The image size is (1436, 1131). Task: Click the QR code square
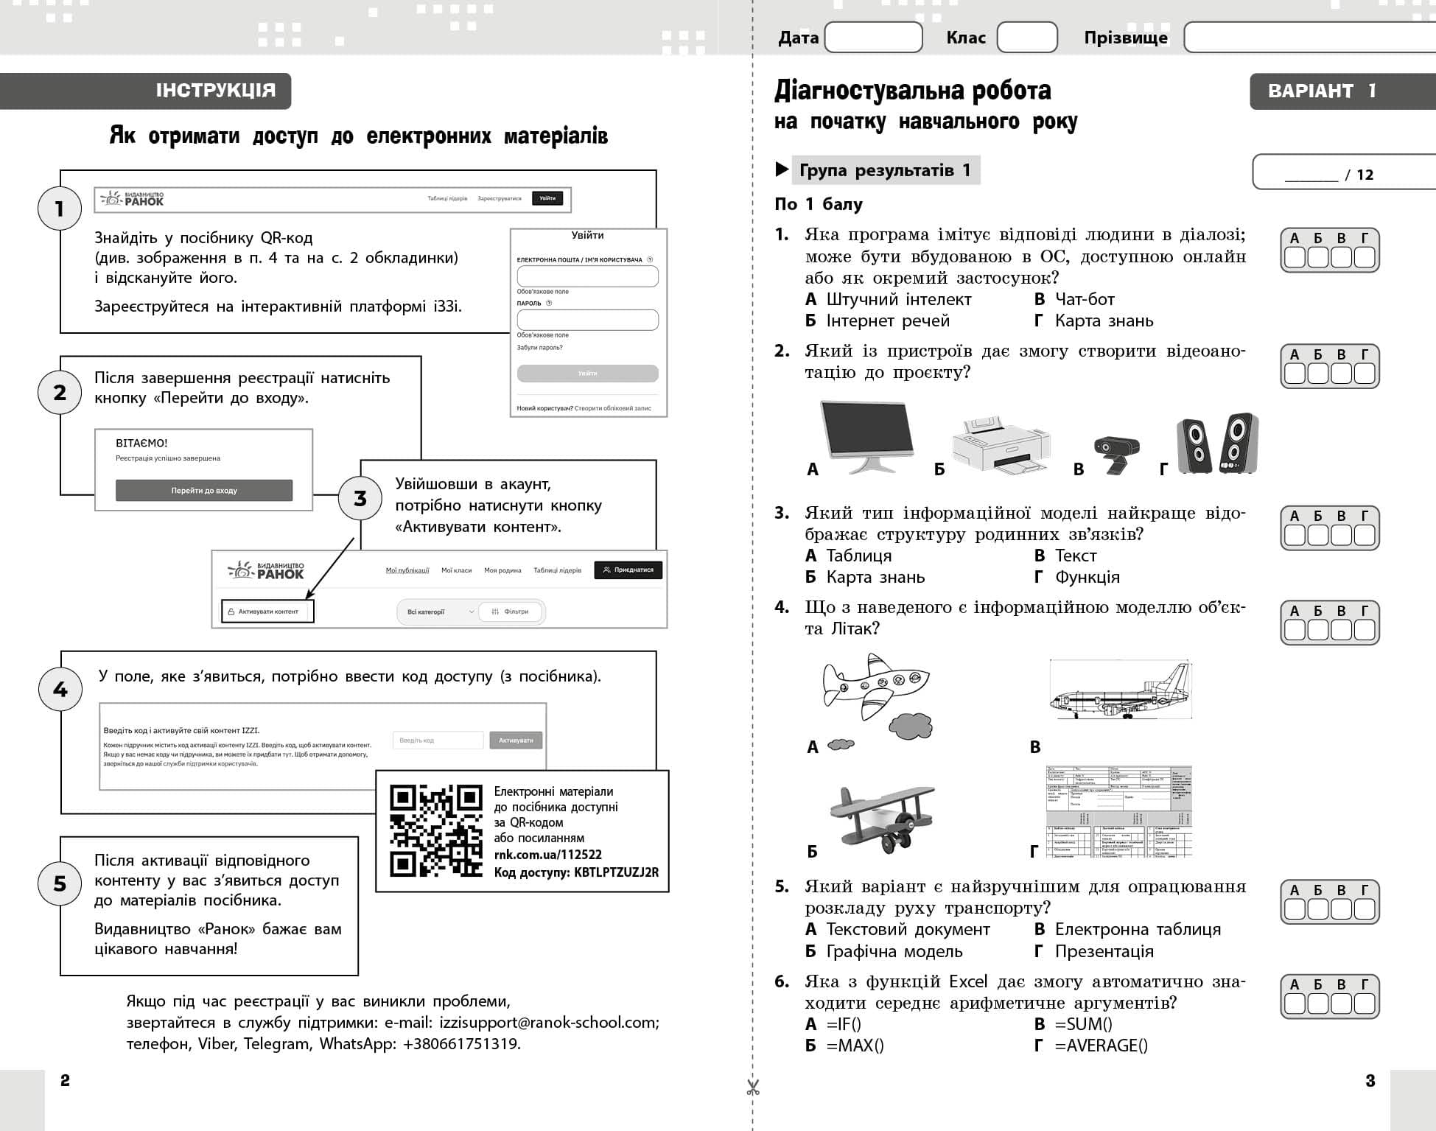click(x=435, y=830)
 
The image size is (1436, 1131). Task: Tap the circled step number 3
click(x=360, y=499)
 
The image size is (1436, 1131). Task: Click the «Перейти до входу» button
click(x=204, y=490)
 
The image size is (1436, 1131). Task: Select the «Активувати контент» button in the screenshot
click(x=267, y=612)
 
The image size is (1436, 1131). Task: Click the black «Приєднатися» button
click(x=628, y=570)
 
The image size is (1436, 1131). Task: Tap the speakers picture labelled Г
click(x=1217, y=443)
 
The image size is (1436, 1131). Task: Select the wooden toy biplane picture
click(x=881, y=818)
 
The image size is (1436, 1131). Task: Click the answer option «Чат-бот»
click(x=1084, y=299)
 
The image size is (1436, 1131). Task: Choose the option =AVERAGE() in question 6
click(x=1101, y=1045)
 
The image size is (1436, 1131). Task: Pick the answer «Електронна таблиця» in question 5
click(x=1137, y=929)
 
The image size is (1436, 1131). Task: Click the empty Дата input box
click(x=873, y=37)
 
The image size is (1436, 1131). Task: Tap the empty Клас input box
click(x=1026, y=37)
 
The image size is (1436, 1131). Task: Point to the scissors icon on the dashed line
click(x=752, y=1088)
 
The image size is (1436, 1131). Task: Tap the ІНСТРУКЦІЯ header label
click(x=215, y=91)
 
